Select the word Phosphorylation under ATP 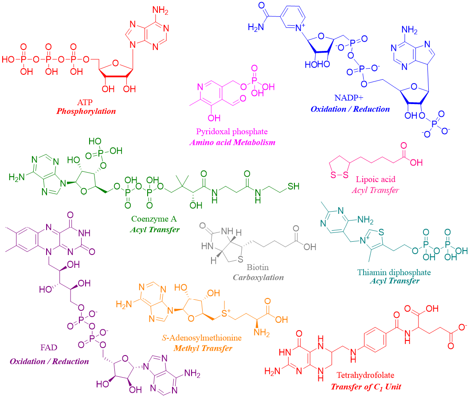pos(86,111)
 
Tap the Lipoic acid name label pos(376,180)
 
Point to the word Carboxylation pos(258,278)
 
